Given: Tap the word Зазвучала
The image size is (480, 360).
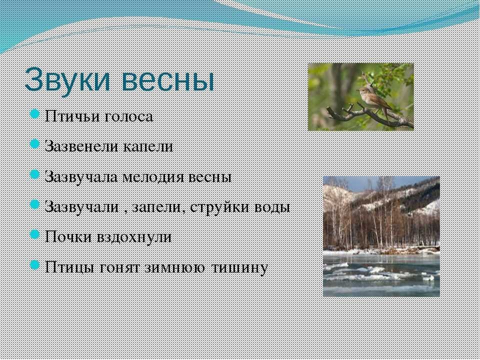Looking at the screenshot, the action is click(81, 177).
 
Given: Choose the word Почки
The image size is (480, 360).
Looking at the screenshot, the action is click(68, 237).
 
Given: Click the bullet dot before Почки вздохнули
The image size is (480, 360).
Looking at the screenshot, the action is click(35, 235).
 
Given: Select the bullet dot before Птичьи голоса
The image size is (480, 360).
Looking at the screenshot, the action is click(35, 114).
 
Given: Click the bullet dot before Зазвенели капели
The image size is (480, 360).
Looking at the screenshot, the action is click(35, 144).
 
